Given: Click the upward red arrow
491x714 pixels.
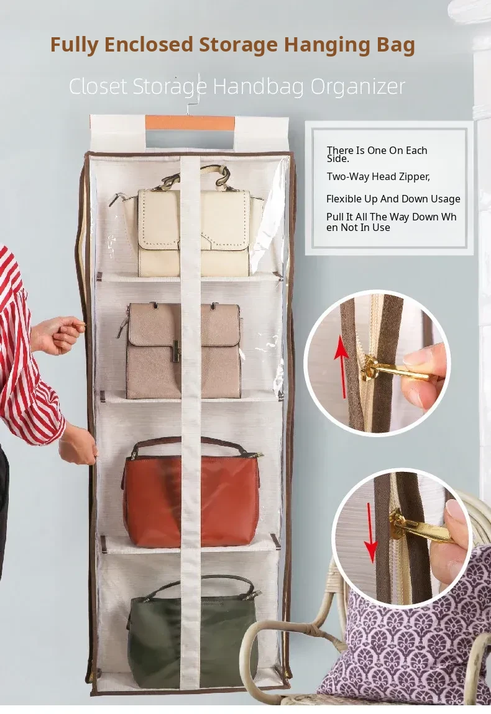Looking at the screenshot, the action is pos(341,368).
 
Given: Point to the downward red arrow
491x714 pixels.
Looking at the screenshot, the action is pos(372,533).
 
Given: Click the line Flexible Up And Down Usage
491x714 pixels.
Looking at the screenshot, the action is pos(393,199).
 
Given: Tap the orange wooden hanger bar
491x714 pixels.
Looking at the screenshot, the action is pos(190,122).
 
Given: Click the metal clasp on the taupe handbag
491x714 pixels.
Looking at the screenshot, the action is pos(175,351).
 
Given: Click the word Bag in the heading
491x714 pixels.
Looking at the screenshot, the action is pos(395,45).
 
